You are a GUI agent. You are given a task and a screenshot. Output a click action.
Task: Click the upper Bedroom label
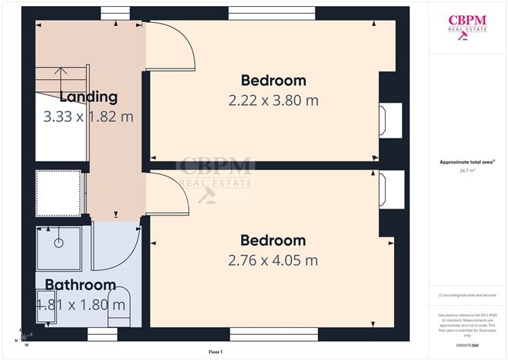click(273, 81)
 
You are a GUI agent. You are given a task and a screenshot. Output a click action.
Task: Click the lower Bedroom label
click(273, 241)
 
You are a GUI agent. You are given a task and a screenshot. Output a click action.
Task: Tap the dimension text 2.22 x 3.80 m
click(273, 100)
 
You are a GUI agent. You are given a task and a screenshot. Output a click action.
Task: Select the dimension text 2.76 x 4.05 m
click(273, 260)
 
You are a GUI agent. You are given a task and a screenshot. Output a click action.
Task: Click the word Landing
click(88, 97)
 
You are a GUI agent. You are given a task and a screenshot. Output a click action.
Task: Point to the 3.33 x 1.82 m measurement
click(88, 116)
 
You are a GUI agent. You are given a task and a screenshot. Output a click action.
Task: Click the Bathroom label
click(80, 285)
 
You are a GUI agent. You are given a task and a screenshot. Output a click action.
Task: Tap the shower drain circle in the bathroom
click(58, 244)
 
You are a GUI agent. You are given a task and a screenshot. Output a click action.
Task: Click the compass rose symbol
click(24, 336)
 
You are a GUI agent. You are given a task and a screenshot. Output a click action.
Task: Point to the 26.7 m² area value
click(467, 171)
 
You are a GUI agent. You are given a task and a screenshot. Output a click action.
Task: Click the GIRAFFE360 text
click(467, 346)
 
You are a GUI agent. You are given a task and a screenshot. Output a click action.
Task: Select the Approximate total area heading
click(467, 162)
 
